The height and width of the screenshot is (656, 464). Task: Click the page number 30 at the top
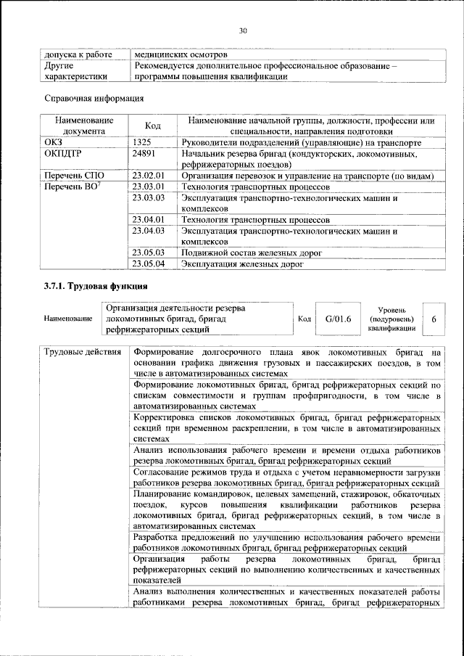click(x=242, y=30)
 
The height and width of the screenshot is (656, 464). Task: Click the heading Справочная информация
click(x=91, y=98)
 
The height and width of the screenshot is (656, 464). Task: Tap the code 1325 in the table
click(x=142, y=144)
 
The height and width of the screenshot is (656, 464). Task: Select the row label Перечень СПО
click(x=75, y=176)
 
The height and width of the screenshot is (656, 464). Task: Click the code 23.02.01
click(x=149, y=176)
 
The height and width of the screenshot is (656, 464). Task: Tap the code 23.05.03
click(x=149, y=253)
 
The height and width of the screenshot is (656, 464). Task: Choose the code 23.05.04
click(x=149, y=263)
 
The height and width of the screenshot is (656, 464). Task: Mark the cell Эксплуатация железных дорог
click(x=241, y=263)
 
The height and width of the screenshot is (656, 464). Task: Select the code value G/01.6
click(x=338, y=319)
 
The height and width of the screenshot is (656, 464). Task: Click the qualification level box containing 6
click(x=434, y=319)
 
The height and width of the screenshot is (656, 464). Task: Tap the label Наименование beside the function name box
click(x=68, y=319)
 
